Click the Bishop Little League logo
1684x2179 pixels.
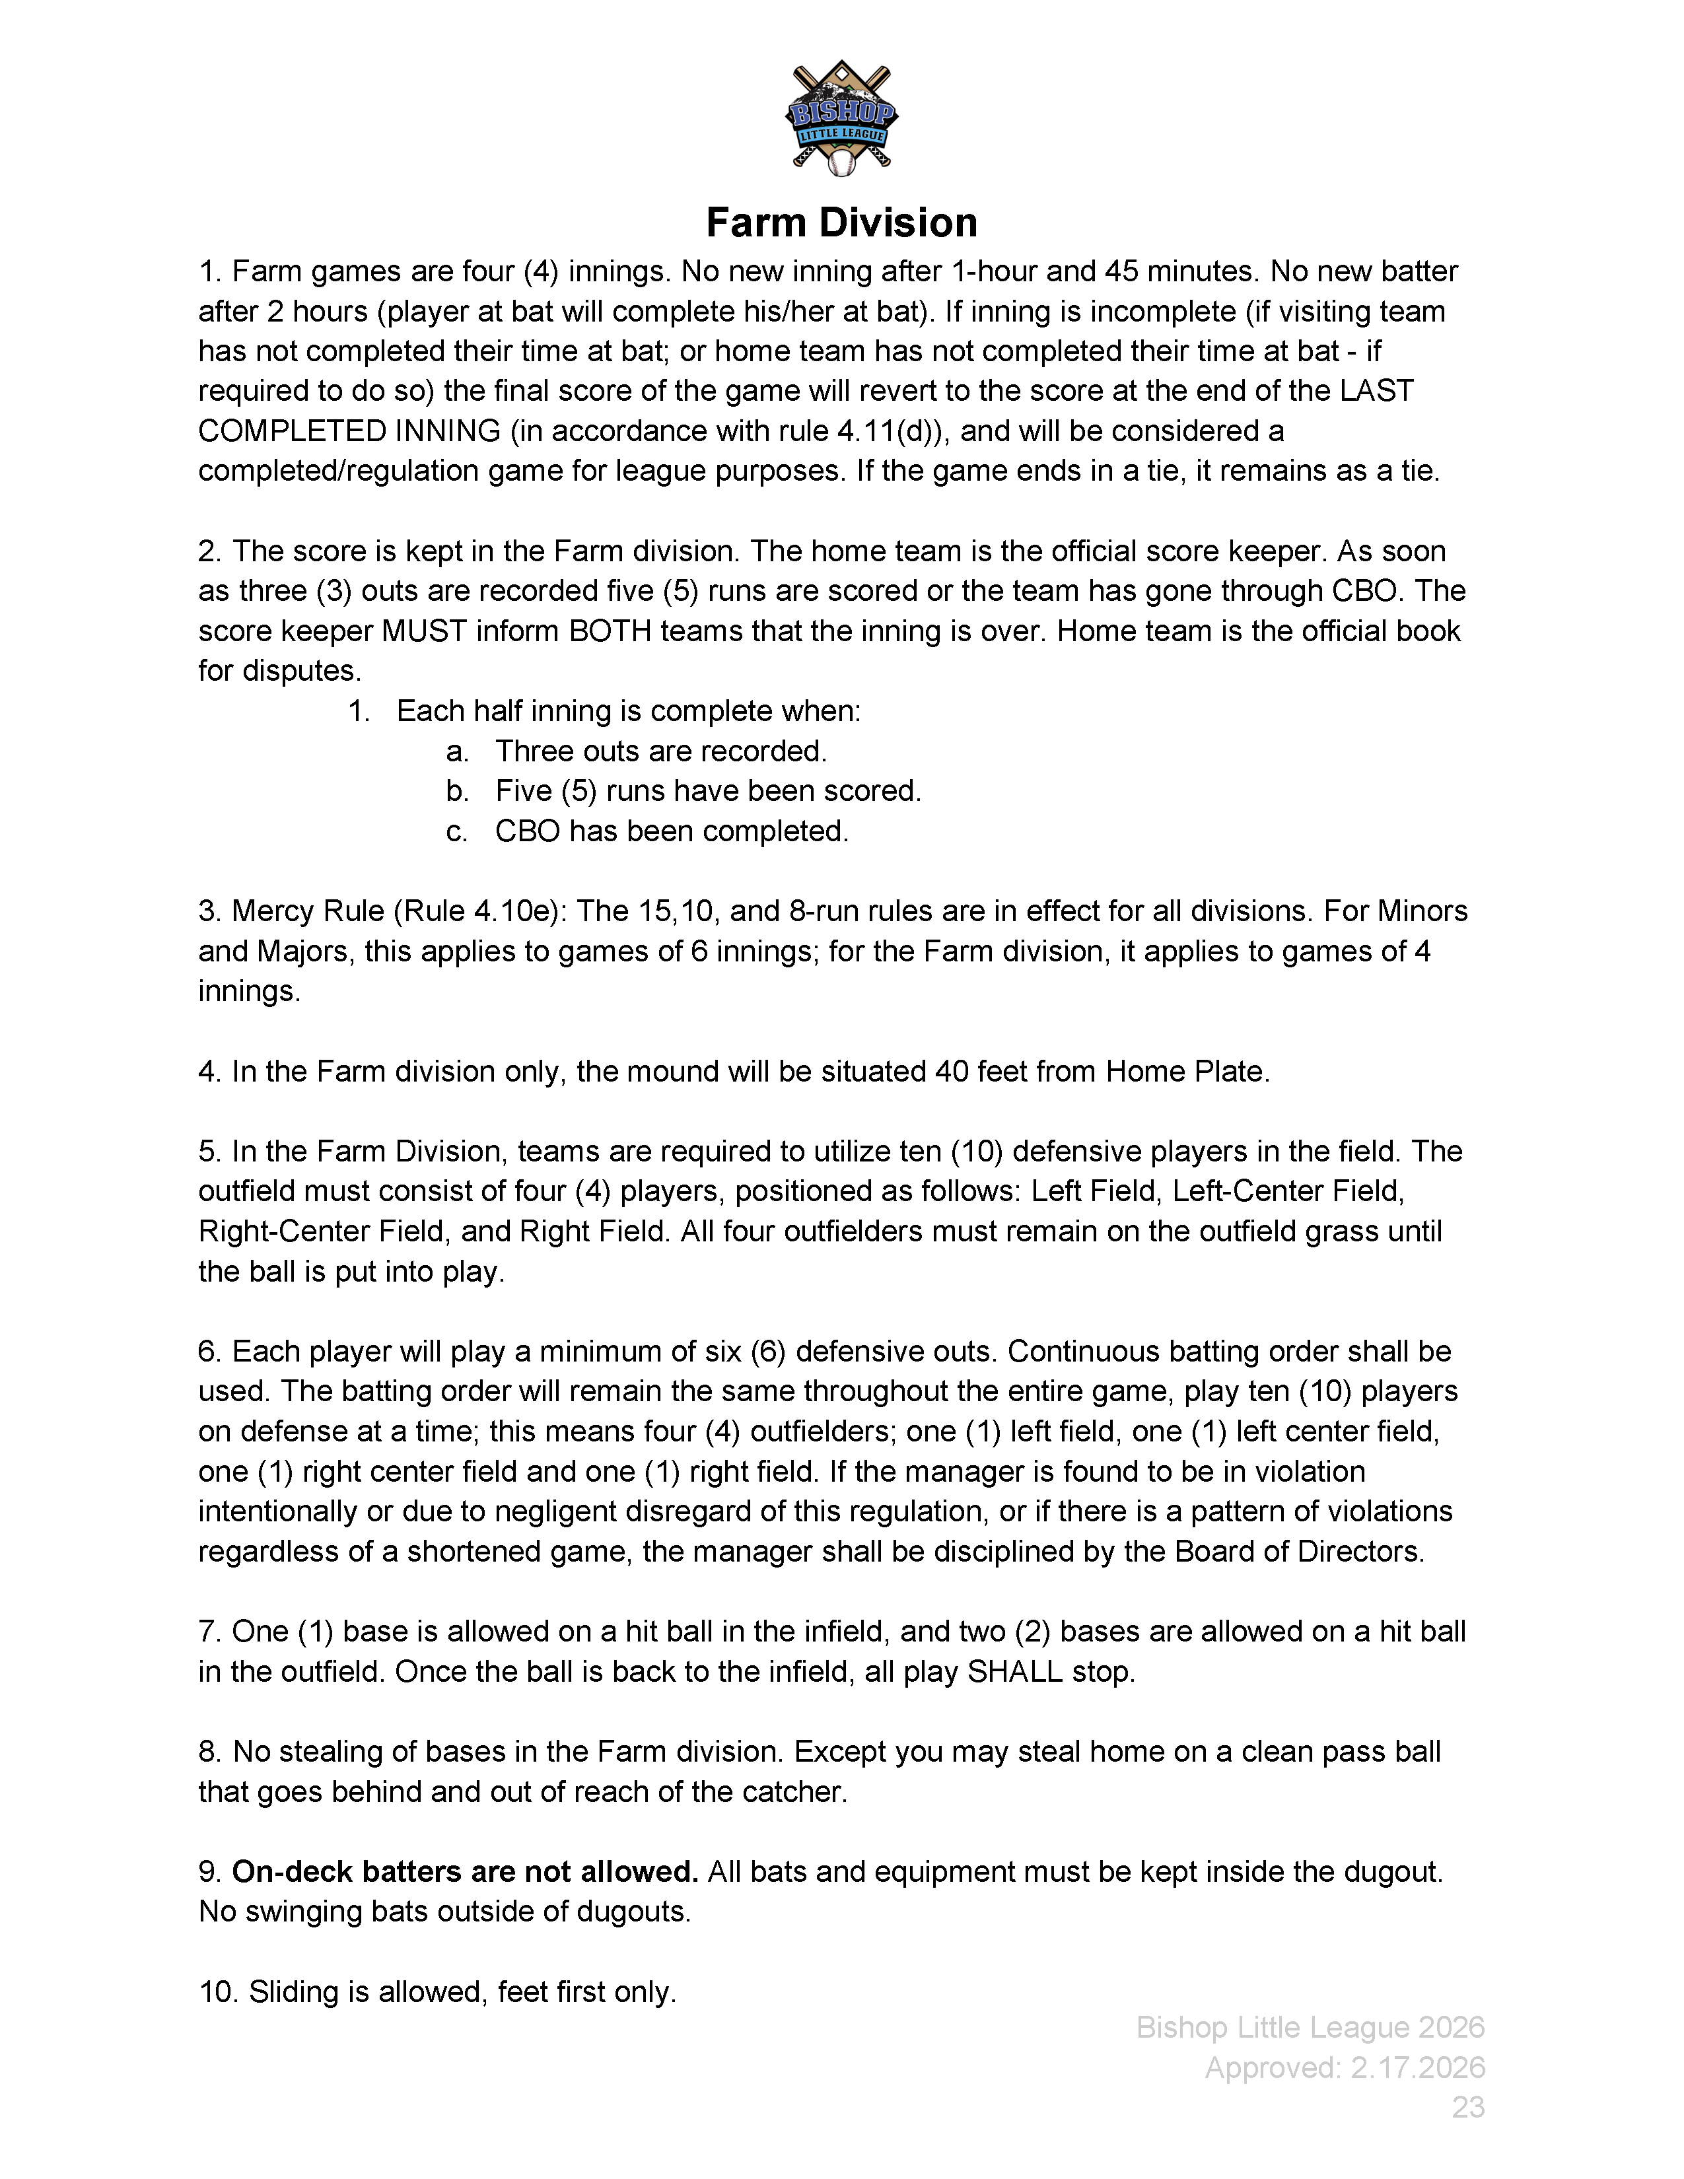pyautogui.click(x=841, y=118)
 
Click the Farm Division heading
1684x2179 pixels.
pyautogui.click(x=841, y=223)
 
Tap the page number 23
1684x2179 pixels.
pyautogui.click(x=1467, y=2107)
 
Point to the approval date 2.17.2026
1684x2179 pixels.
pyautogui.click(x=1418, y=2067)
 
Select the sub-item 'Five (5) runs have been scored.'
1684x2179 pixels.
pyautogui.click(x=707, y=791)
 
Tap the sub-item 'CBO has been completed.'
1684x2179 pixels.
pyautogui.click(x=672, y=831)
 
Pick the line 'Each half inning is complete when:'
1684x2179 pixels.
pyautogui.click(x=627, y=711)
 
